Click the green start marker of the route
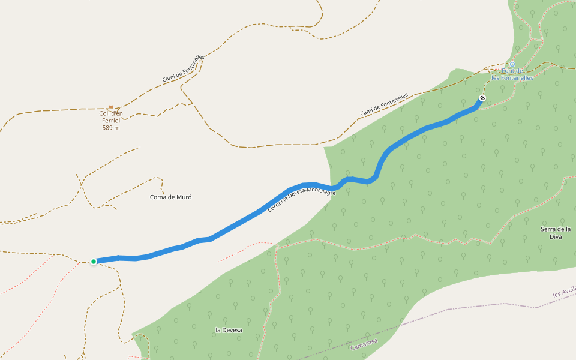[94, 261]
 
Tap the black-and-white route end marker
[482, 98]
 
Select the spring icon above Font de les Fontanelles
[512, 64]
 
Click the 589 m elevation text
[111, 127]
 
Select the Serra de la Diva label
[556, 232]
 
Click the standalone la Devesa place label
[229, 330]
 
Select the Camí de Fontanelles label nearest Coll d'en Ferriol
[183, 69]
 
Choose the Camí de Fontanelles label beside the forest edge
[384, 104]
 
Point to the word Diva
[556, 236]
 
